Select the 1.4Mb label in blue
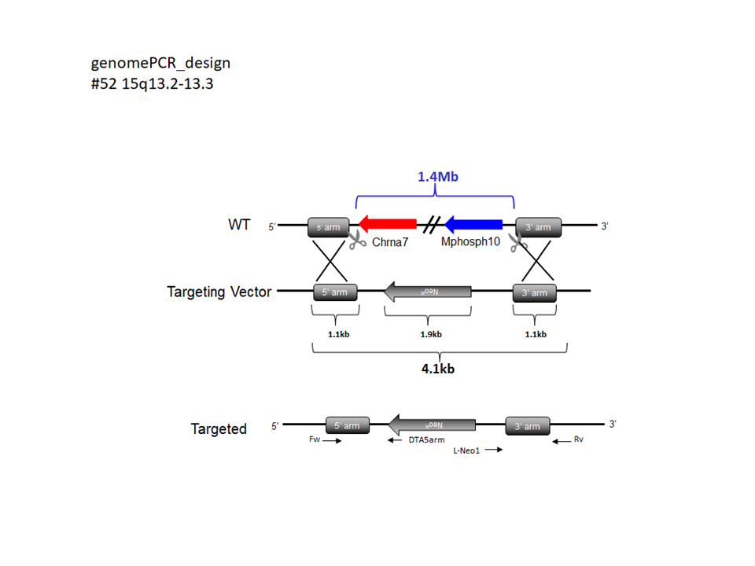tap(437, 177)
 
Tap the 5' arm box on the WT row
tap(329, 227)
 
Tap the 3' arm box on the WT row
tap(538, 227)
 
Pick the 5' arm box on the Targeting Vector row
tap(335, 292)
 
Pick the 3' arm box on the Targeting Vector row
tap(534, 292)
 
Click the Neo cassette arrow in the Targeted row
tap(433, 424)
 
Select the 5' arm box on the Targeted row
tap(347, 425)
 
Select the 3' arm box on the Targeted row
tap(527, 425)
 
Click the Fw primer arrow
tap(331, 441)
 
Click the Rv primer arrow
tap(562, 441)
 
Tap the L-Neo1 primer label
tap(466, 451)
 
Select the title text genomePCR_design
tap(160, 63)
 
